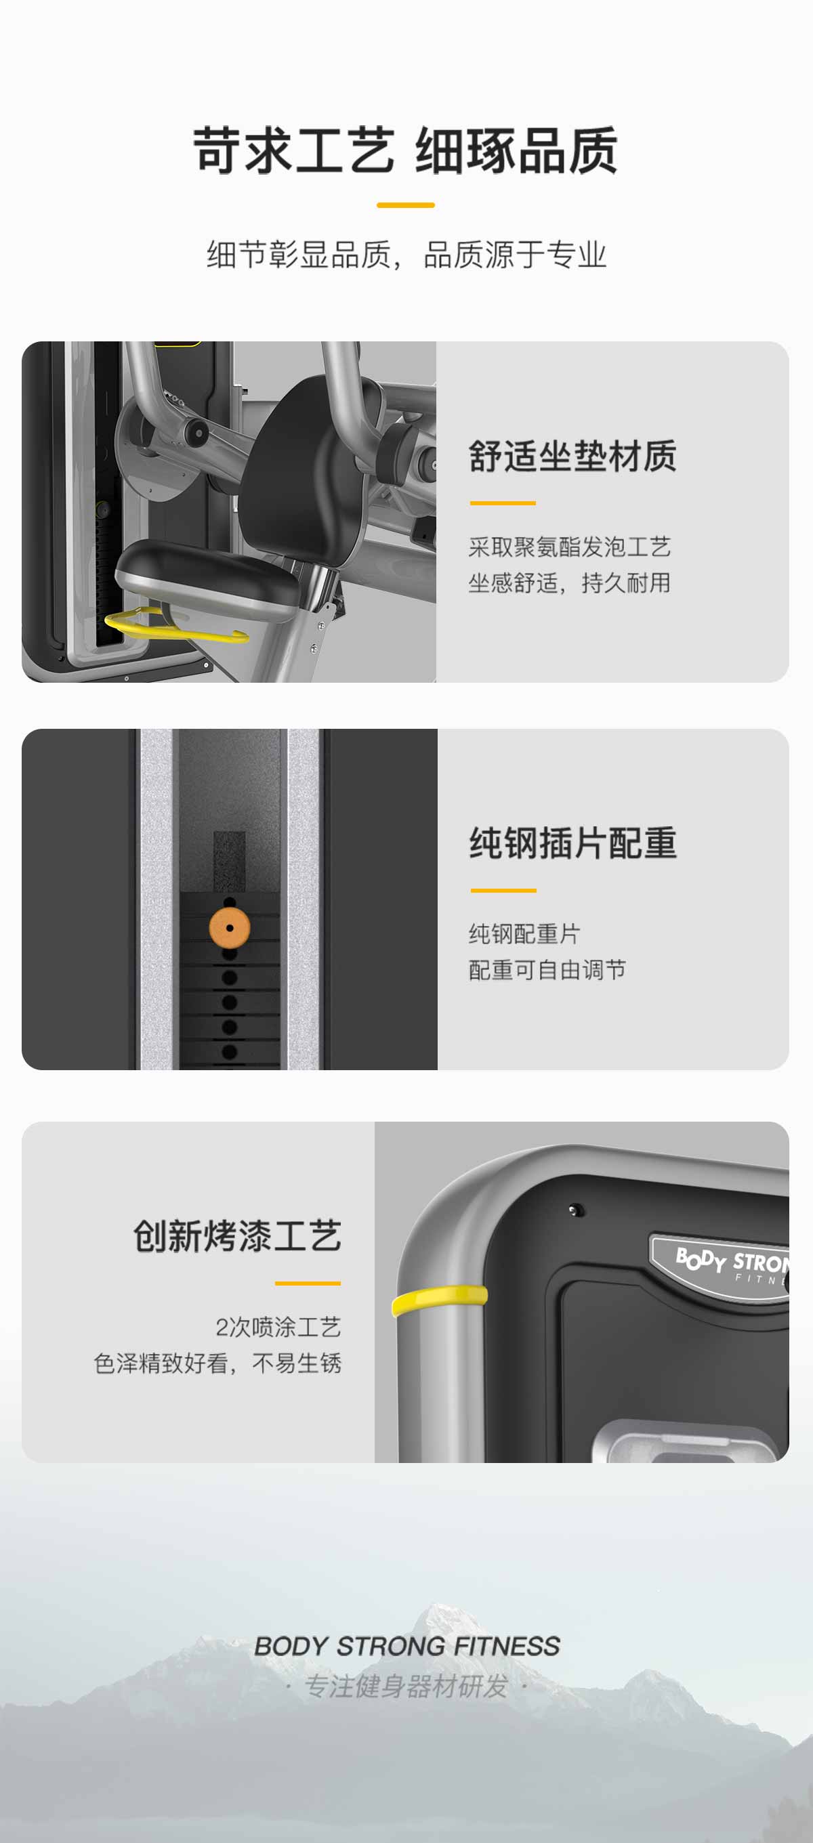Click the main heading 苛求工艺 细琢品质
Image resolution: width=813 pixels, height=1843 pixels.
point(406,150)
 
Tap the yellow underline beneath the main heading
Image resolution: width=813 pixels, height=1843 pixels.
point(406,205)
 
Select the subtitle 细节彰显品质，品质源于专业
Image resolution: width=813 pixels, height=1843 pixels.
point(406,255)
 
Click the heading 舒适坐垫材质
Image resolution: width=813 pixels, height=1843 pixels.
point(572,457)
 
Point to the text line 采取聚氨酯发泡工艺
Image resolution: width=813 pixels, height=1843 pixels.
point(570,547)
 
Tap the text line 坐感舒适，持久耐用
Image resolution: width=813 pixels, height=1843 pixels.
point(570,583)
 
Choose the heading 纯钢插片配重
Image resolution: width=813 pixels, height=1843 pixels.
point(573,843)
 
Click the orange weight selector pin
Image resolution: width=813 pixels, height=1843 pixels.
point(230,928)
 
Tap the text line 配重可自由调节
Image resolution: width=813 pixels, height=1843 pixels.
point(547,970)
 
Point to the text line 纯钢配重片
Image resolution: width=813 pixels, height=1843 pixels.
point(524,933)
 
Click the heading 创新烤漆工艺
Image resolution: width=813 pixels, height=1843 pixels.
point(238,1235)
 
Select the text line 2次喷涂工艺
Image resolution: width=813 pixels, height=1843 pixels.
point(278,1327)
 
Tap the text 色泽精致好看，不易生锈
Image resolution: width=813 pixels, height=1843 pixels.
point(217,1363)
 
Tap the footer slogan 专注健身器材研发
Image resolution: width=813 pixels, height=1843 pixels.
point(406,1687)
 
